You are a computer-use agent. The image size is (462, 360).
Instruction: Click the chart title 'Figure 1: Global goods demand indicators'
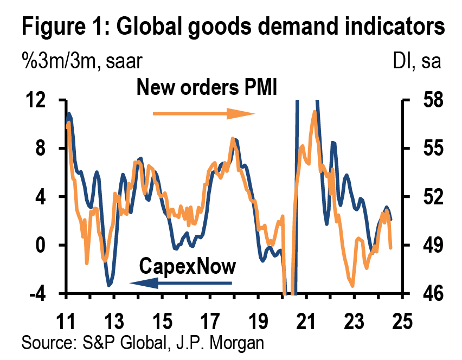point(229,27)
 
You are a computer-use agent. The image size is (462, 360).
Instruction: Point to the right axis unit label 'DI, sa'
point(416,60)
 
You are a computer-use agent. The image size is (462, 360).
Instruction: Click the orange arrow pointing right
point(203,114)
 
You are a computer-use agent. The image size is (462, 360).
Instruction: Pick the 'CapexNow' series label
point(188,266)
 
